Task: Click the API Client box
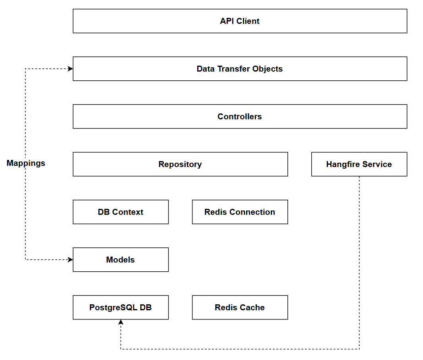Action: point(240,21)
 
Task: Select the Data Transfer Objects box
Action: point(240,69)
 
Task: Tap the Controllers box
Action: point(240,117)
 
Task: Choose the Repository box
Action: point(180,164)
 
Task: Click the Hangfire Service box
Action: point(359,164)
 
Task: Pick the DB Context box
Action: point(120,212)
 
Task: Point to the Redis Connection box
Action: point(240,212)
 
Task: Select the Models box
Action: point(120,260)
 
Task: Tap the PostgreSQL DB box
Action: point(120,307)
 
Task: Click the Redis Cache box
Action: point(240,307)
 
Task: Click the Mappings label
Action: point(26,163)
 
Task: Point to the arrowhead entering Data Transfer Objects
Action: point(70,69)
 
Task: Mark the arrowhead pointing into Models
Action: point(70,260)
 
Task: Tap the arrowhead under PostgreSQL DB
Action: point(121,322)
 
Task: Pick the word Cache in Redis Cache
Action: point(253,307)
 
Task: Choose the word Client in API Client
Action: point(248,21)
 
